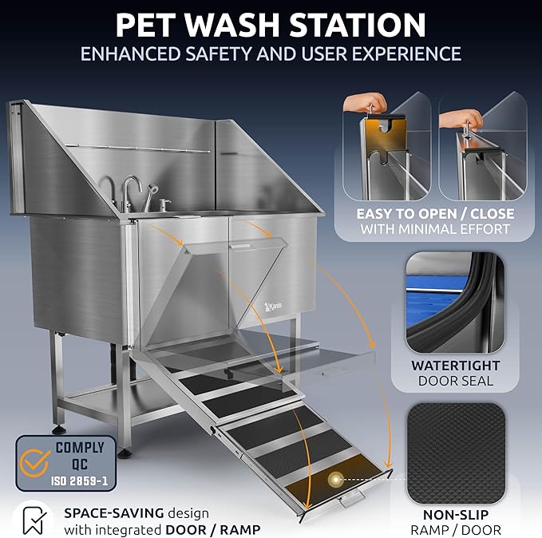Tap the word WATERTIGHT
point(456,365)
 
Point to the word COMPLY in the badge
point(79,448)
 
